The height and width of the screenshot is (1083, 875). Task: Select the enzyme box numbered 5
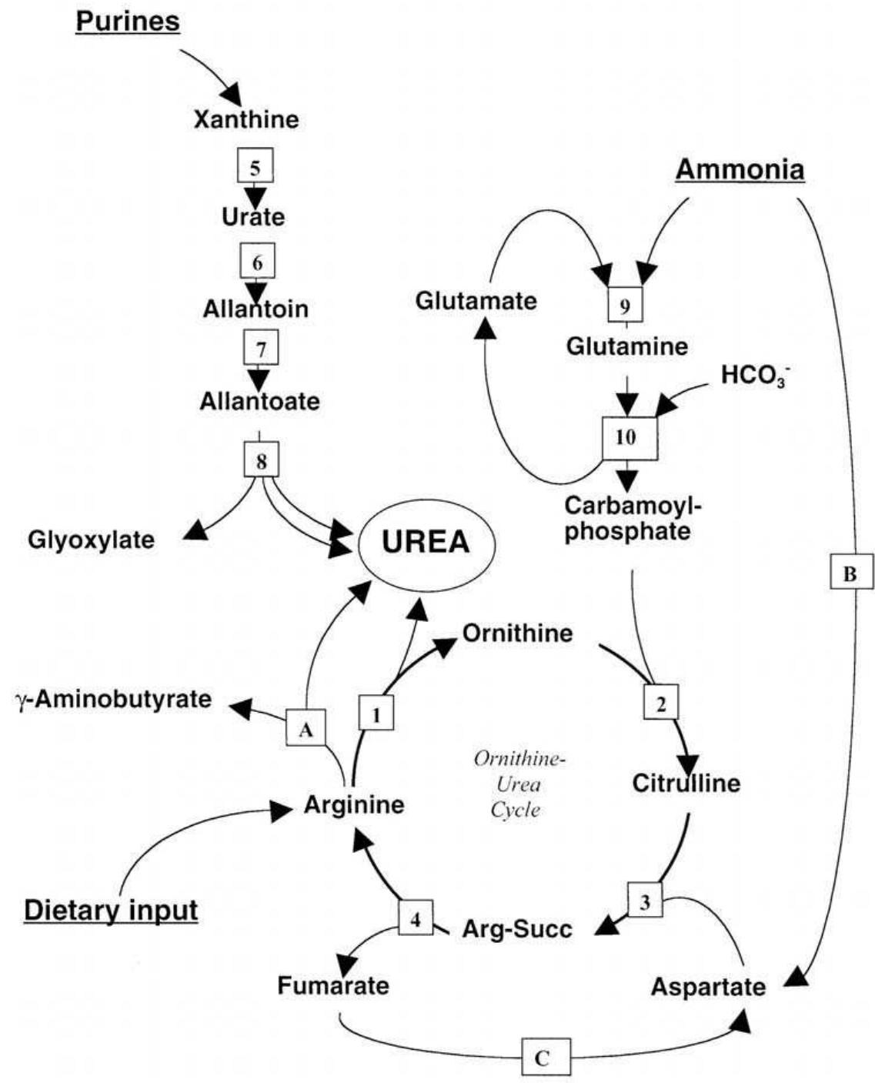coord(254,167)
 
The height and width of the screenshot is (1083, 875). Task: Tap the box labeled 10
coord(629,438)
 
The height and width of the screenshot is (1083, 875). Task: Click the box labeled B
coord(850,573)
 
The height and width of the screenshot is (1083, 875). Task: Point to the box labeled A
coord(306,729)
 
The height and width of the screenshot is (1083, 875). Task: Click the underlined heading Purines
coord(128,21)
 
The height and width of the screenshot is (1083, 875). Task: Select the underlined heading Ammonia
coord(740,169)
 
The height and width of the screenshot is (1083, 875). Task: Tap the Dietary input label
coord(111,911)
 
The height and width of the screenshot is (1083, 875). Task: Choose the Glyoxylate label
coord(91,540)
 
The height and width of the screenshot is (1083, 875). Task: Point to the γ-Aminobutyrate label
coord(112,700)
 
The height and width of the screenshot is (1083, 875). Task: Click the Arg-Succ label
coord(516,929)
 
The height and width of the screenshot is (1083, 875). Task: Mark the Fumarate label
coord(333,985)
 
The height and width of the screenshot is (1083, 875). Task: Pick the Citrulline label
coord(686,784)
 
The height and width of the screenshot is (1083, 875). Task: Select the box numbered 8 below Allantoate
coord(262,460)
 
